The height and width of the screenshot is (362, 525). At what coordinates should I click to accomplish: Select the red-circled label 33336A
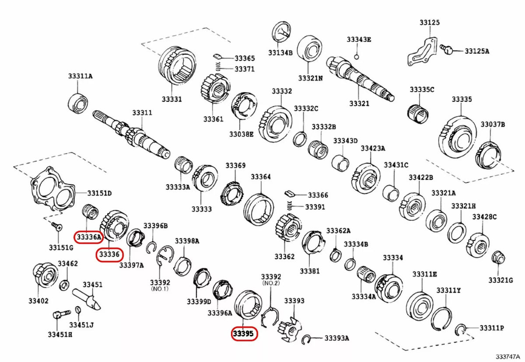pyautogui.click(x=88, y=237)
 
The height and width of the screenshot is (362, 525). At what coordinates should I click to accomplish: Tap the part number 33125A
pyautogui.click(x=477, y=51)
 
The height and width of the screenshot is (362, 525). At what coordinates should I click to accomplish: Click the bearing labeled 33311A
pyautogui.click(x=78, y=102)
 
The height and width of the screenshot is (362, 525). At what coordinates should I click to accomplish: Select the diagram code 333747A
pyautogui.click(x=508, y=357)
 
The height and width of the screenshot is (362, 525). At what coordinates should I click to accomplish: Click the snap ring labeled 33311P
pyautogui.click(x=460, y=329)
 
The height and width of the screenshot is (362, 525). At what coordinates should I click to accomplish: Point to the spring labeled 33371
pyautogui.click(x=218, y=67)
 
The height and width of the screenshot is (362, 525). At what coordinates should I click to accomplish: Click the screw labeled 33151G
pyautogui.click(x=56, y=226)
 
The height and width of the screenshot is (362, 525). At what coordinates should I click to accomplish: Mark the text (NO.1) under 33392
pyautogui.click(x=159, y=289)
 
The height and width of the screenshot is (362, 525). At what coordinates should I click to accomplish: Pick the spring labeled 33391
pyautogui.click(x=289, y=205)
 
